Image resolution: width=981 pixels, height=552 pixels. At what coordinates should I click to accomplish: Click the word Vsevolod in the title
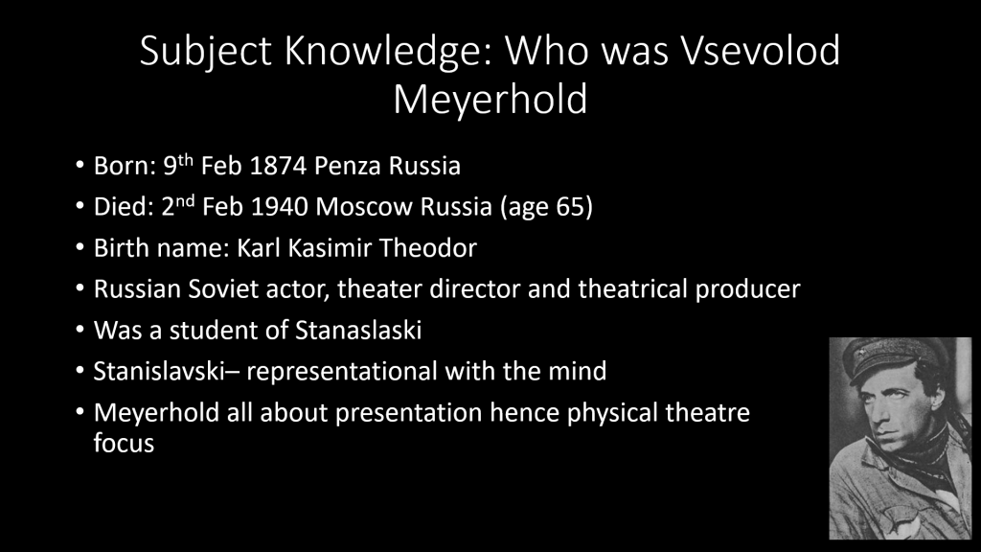(x=760, y=51)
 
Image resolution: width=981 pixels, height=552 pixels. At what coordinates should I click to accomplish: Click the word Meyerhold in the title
(x=490, y=100)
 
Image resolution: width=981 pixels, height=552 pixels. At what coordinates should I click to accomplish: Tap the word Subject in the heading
(x=205, y=53)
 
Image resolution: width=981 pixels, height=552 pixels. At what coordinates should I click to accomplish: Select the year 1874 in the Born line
(x=278, y=166)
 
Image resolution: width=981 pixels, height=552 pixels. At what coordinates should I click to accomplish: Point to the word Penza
(x=348, y=166)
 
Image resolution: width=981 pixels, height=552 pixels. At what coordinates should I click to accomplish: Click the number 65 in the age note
(x=569, y=207)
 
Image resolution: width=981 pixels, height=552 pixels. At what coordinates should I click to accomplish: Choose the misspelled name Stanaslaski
(x=358, y=331)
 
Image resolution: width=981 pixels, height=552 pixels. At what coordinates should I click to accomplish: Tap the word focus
(x=124, y=443)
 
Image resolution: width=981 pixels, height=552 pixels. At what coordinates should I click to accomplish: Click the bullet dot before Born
(x=80, y=165)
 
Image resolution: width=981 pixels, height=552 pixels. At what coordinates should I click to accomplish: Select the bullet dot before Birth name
(x=80, y=248)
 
